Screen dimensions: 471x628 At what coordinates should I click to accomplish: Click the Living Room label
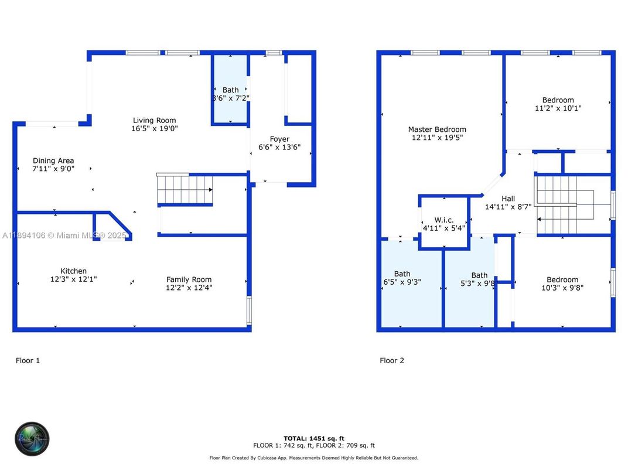point(154,121)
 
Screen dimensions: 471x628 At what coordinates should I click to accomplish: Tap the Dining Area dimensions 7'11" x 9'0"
point(53,169)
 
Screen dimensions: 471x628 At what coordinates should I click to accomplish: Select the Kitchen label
point(74,271)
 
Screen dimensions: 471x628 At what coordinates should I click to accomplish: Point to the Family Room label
point(189,279)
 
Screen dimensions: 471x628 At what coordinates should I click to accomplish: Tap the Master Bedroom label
point(437,129)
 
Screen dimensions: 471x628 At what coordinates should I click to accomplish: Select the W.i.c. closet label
point(443,220)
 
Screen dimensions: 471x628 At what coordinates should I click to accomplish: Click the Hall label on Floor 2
point(508,199)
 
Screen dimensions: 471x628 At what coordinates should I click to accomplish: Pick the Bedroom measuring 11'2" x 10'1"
point(558,100)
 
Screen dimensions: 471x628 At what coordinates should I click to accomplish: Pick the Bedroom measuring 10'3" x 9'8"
point(562,279)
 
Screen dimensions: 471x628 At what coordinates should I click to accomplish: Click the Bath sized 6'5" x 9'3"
point(402,274)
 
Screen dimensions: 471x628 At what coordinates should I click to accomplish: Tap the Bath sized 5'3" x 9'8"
point(479,275)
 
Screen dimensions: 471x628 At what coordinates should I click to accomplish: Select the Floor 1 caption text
point(28,360)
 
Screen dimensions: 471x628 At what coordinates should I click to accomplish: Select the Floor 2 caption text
point(392,360)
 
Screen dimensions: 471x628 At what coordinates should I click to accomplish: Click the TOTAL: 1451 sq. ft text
point(313,438)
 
